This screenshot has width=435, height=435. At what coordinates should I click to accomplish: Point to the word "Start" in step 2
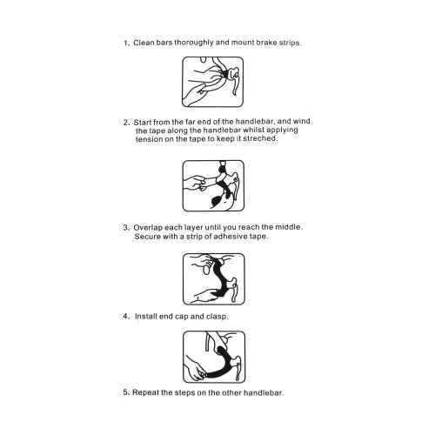tap(143, 122)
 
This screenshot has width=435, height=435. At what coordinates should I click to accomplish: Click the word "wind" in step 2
tap(302, 121)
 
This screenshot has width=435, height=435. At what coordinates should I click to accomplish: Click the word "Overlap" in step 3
tap(148, 228)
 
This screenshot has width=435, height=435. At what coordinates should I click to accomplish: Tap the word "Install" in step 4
tap(146, 316)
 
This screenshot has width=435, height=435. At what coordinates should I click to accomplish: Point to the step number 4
tap(125, 316)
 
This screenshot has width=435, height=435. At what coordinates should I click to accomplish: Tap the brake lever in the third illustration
tap(234, 291)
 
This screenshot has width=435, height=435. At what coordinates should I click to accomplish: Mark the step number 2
tap(126, 123)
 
